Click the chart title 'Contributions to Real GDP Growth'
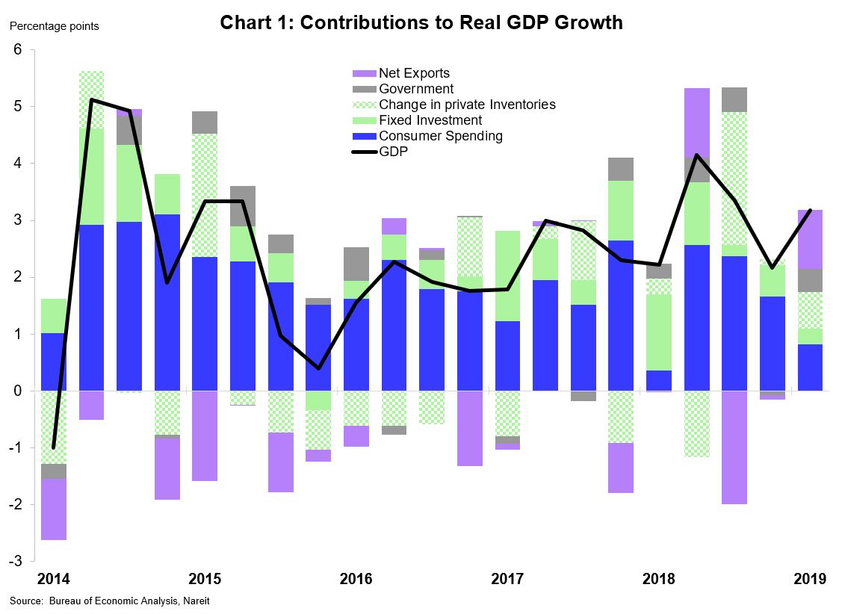pos(421,23)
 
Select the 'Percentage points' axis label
pos(54,26)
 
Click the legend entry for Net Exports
pos(414,73)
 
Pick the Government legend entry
pos(416,89)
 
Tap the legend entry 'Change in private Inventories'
pos(466,105)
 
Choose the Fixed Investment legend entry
pos(430,120)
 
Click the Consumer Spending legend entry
pos(440,136)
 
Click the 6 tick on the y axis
pos(19,50)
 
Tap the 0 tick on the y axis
pos(19,391)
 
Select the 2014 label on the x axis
pos(53,580)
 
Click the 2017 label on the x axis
pos(507,580)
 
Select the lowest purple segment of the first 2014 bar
pos(53,509)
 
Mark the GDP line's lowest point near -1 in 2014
pos(53,447)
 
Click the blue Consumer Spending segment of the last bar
pos(810,368)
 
